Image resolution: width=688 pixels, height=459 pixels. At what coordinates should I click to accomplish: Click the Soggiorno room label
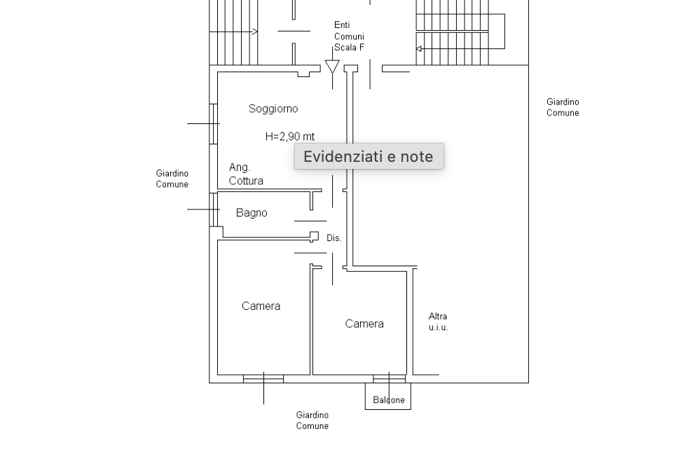[273, 109]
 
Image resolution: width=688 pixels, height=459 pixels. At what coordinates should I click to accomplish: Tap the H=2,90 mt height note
[290, 137]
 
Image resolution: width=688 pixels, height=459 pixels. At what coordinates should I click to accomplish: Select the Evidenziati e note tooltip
[369, 156]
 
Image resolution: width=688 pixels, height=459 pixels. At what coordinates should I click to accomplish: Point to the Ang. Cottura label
[246, 174]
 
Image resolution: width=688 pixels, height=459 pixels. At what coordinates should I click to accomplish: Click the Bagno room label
[252, 213]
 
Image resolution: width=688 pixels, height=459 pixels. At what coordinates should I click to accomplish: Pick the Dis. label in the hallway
[334, 238]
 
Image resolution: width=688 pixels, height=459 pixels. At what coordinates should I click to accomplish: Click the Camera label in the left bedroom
[261, 306]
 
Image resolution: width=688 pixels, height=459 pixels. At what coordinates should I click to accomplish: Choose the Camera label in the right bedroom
[364, 324]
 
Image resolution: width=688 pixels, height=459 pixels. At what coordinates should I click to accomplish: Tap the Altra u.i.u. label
[438, 322]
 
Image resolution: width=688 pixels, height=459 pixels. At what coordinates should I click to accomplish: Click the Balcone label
[389, 400]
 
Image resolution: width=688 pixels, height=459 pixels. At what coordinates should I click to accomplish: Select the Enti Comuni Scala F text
[349, 36]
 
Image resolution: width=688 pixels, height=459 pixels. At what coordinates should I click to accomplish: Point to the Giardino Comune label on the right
[563, 107]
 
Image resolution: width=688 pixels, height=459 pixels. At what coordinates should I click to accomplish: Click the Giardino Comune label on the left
[172, 179]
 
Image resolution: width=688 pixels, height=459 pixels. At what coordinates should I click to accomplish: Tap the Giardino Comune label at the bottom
[312, 420]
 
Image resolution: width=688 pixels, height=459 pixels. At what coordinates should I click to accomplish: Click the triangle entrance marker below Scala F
[332, 67]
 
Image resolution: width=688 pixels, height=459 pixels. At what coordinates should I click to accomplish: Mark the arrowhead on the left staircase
[255, 31]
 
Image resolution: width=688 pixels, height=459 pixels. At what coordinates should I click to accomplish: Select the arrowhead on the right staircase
[419, 49]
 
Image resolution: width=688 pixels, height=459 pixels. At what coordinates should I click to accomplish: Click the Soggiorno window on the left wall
[213, 123]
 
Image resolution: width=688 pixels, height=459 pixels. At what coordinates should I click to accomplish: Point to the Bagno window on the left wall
[213, 209]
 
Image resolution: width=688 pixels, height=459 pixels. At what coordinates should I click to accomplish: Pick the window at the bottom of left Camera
[263, 378]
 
